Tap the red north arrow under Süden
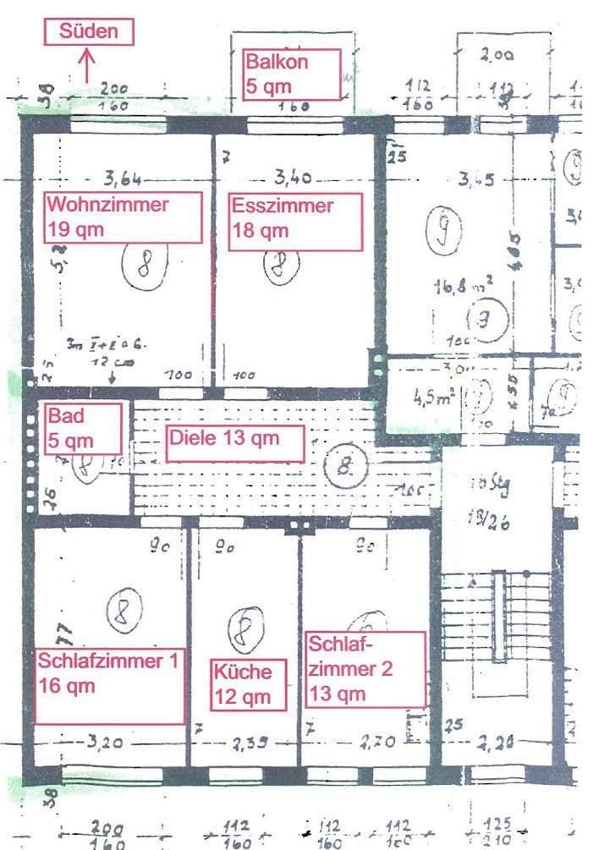coord(85,65)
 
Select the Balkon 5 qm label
coord(291,74)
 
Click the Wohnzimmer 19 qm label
coord(124,217)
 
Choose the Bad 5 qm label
coord(82,428)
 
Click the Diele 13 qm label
coord(234,441)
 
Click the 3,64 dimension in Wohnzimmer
coord(122,178)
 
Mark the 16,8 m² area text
coord(464,287)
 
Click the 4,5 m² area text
coord(431,396)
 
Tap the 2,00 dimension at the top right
coord(496,56)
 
